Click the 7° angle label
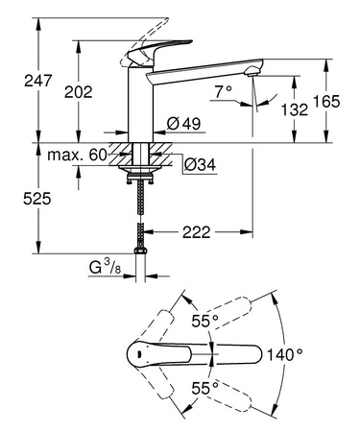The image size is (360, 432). point(223,93)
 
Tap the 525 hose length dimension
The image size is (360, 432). point(16,198)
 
